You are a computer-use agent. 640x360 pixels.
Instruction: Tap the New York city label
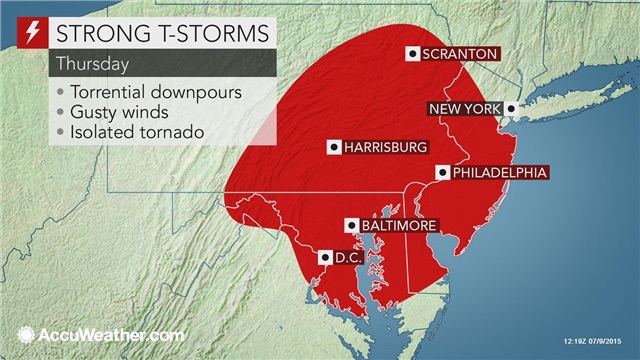(465, 108)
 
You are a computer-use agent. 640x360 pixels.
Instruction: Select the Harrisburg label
(385, 147)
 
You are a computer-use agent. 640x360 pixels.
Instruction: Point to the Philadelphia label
(499, 172)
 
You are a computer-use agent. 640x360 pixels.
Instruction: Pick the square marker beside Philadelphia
(441, 172)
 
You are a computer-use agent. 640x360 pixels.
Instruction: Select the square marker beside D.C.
(324, 258)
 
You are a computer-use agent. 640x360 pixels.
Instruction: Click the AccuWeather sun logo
(22, 334)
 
